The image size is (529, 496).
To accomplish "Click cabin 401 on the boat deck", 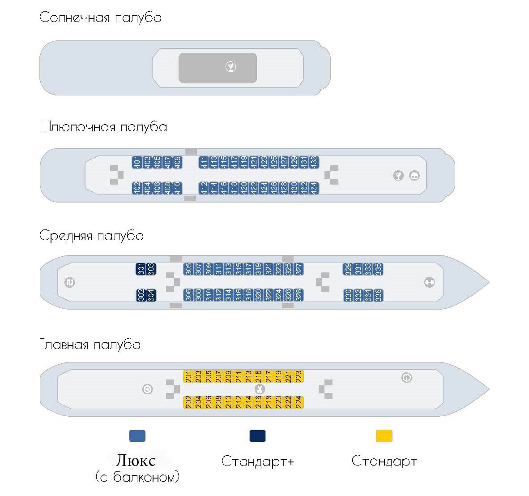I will click(x=137, y=162).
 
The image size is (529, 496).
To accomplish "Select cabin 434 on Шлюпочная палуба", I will click(x=314, y=188).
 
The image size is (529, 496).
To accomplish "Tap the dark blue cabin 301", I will click(x=141, y=269).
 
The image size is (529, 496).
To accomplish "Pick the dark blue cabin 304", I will click(x=151, y=295).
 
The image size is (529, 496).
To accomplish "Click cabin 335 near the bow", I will click(x=378, y=269).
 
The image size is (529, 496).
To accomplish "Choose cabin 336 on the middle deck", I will click(x=378, y=295).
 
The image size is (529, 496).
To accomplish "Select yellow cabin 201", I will click(x=188, y=376).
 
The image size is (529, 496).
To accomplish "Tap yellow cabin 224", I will click(x=299, y=402).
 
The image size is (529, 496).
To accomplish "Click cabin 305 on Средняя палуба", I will click(x=188, y=269).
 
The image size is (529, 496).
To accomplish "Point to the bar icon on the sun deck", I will click(x=230, y=67).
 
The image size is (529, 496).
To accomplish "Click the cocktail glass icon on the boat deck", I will click(x=398, y=176).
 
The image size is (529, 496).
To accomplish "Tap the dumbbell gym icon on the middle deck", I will click(x=429, y=282).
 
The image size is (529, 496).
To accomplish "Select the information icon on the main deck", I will click(x=406, y=378).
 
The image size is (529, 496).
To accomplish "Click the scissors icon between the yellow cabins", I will click(x=259, y=389).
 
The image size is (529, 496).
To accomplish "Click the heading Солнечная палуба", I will click(x=100, y=18).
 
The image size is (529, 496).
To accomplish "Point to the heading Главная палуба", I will click(x=90, y=345).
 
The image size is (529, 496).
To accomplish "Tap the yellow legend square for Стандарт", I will click(x=384, y=436).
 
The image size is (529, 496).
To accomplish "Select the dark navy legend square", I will click(x=257, y=436).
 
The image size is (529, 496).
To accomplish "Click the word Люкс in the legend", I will click(x=136, y=460).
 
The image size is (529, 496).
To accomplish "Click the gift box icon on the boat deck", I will click(x=414, y=176).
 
